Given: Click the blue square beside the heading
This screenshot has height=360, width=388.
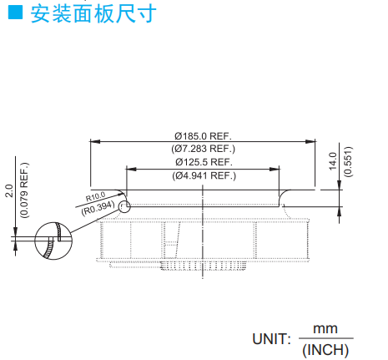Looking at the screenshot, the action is tap(15, 13).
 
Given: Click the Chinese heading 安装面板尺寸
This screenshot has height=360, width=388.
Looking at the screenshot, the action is tap(93, 13).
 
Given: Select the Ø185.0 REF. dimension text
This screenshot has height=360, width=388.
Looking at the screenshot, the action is tap(203, 136).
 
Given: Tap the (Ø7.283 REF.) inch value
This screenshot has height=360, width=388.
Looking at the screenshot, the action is tap(204, 149).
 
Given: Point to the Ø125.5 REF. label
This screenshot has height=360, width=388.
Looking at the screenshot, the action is tap(204, 162).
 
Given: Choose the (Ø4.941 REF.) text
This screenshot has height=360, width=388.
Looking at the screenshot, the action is tap(204, 175).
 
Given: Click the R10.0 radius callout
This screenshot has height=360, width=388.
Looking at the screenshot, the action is tap(95, 196).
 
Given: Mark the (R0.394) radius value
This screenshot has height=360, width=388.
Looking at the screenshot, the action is tap(98, 208).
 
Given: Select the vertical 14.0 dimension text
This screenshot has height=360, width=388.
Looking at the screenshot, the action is tap(333, 161).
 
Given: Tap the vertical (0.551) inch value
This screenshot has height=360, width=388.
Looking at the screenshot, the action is tap(348, 161).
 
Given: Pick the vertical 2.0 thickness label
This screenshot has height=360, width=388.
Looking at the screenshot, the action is tap(9, 190).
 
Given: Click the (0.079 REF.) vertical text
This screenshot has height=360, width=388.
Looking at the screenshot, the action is tap(24, 190).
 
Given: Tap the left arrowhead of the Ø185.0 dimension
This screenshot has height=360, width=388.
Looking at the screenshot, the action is tap(95, 141).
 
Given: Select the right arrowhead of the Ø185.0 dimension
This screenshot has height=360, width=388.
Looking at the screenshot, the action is tap(310, 141).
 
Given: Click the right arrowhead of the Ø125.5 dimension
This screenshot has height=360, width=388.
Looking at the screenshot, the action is tap(275, 169).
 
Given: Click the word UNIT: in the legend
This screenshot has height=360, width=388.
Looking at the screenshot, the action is tap(271, 339).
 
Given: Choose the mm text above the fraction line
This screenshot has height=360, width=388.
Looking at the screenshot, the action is tap(325, 329).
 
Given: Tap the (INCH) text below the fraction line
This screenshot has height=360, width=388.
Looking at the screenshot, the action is tap(325, 350).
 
